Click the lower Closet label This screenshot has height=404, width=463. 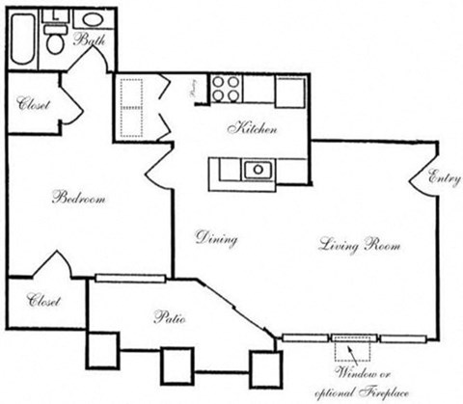pyautogui.click(x=43, y=301)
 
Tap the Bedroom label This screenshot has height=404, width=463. pyautogui.click(x=77, y=199)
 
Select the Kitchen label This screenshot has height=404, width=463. pyautogui.click(x=253, y=128)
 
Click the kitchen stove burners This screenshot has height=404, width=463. pyautogui.click(x=227, y=88)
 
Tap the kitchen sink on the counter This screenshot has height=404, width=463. pyautogui.click(x=258, y=170)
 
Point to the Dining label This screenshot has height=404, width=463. pyautogui.click(x=216, y=237)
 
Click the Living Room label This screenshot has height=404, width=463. pyautogui.click(x=360, y=246)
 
